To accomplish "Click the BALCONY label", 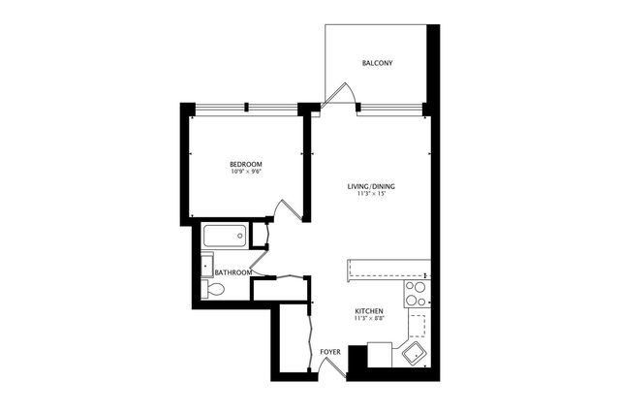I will (x=377, y=64).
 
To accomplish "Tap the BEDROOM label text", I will (x=247, y=164).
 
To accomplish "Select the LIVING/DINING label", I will (x=371, y=186).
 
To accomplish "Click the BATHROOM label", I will (x=233, y=273).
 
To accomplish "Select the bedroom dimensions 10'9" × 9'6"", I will (x=247, y=173).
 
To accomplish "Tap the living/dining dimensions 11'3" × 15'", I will (x=371, y=195).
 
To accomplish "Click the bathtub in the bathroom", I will (x=225, y=236).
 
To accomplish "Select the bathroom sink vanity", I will (x=207, y=264).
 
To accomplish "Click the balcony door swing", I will (x=339, y=94).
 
